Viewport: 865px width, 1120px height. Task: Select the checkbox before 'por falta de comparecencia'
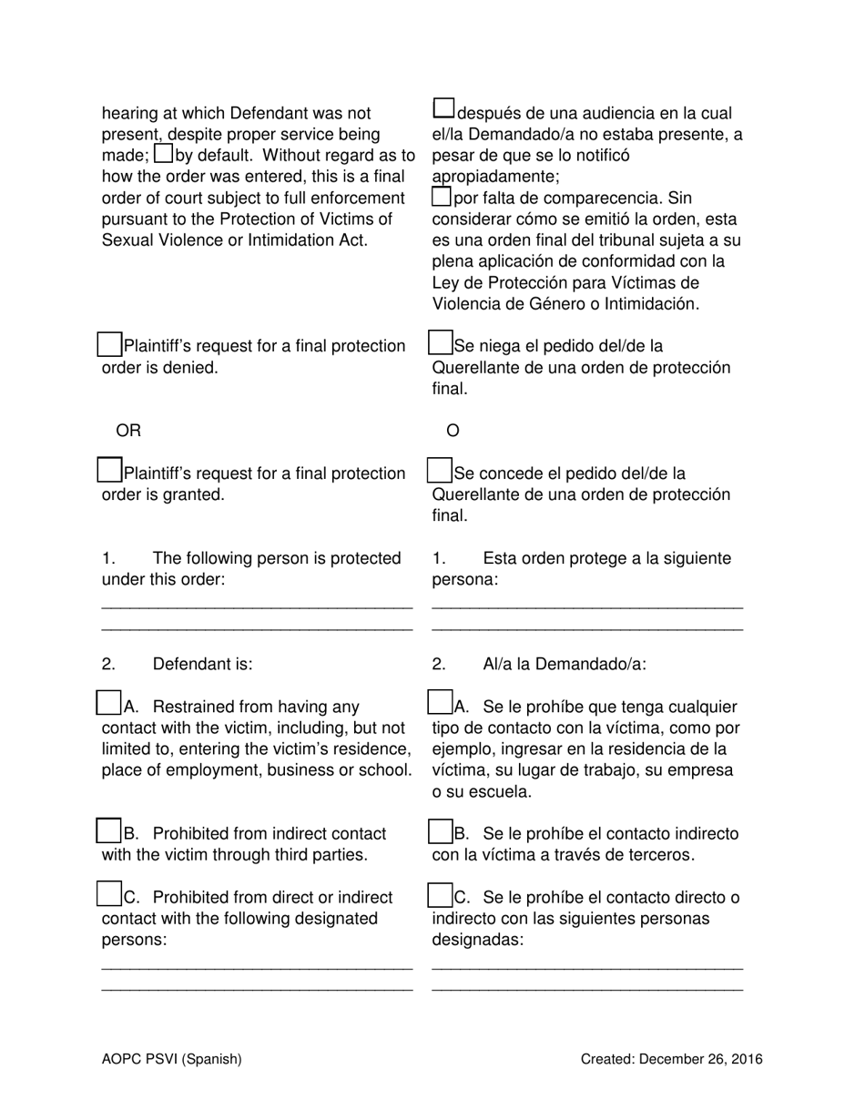coord(441,196)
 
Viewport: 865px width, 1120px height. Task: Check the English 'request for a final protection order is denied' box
coord(109,344)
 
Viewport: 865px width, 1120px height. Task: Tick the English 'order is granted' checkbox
coord(109,471)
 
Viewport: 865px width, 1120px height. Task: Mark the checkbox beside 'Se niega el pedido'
coord(440,343)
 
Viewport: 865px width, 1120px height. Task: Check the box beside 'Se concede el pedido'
coord(440,471)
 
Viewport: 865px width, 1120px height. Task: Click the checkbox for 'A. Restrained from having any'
coord(109,704)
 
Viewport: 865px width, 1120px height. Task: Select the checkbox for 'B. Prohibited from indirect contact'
coord(109,831)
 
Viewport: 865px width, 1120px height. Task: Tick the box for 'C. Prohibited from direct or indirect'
coord(109,894)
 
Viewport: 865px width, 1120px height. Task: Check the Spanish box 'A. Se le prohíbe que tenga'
coord(440,704)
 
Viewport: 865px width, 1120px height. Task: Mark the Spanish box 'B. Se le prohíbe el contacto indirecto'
coord(440,831)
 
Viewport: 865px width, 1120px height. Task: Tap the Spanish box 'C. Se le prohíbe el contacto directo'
coord(440,895)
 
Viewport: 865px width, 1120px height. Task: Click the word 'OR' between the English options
coord(128,431)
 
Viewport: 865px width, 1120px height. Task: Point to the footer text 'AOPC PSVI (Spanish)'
coord(172,1059)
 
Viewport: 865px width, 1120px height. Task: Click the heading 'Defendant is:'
coord(202,665)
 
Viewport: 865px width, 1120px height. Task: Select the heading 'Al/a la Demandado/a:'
coord(565,665)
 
